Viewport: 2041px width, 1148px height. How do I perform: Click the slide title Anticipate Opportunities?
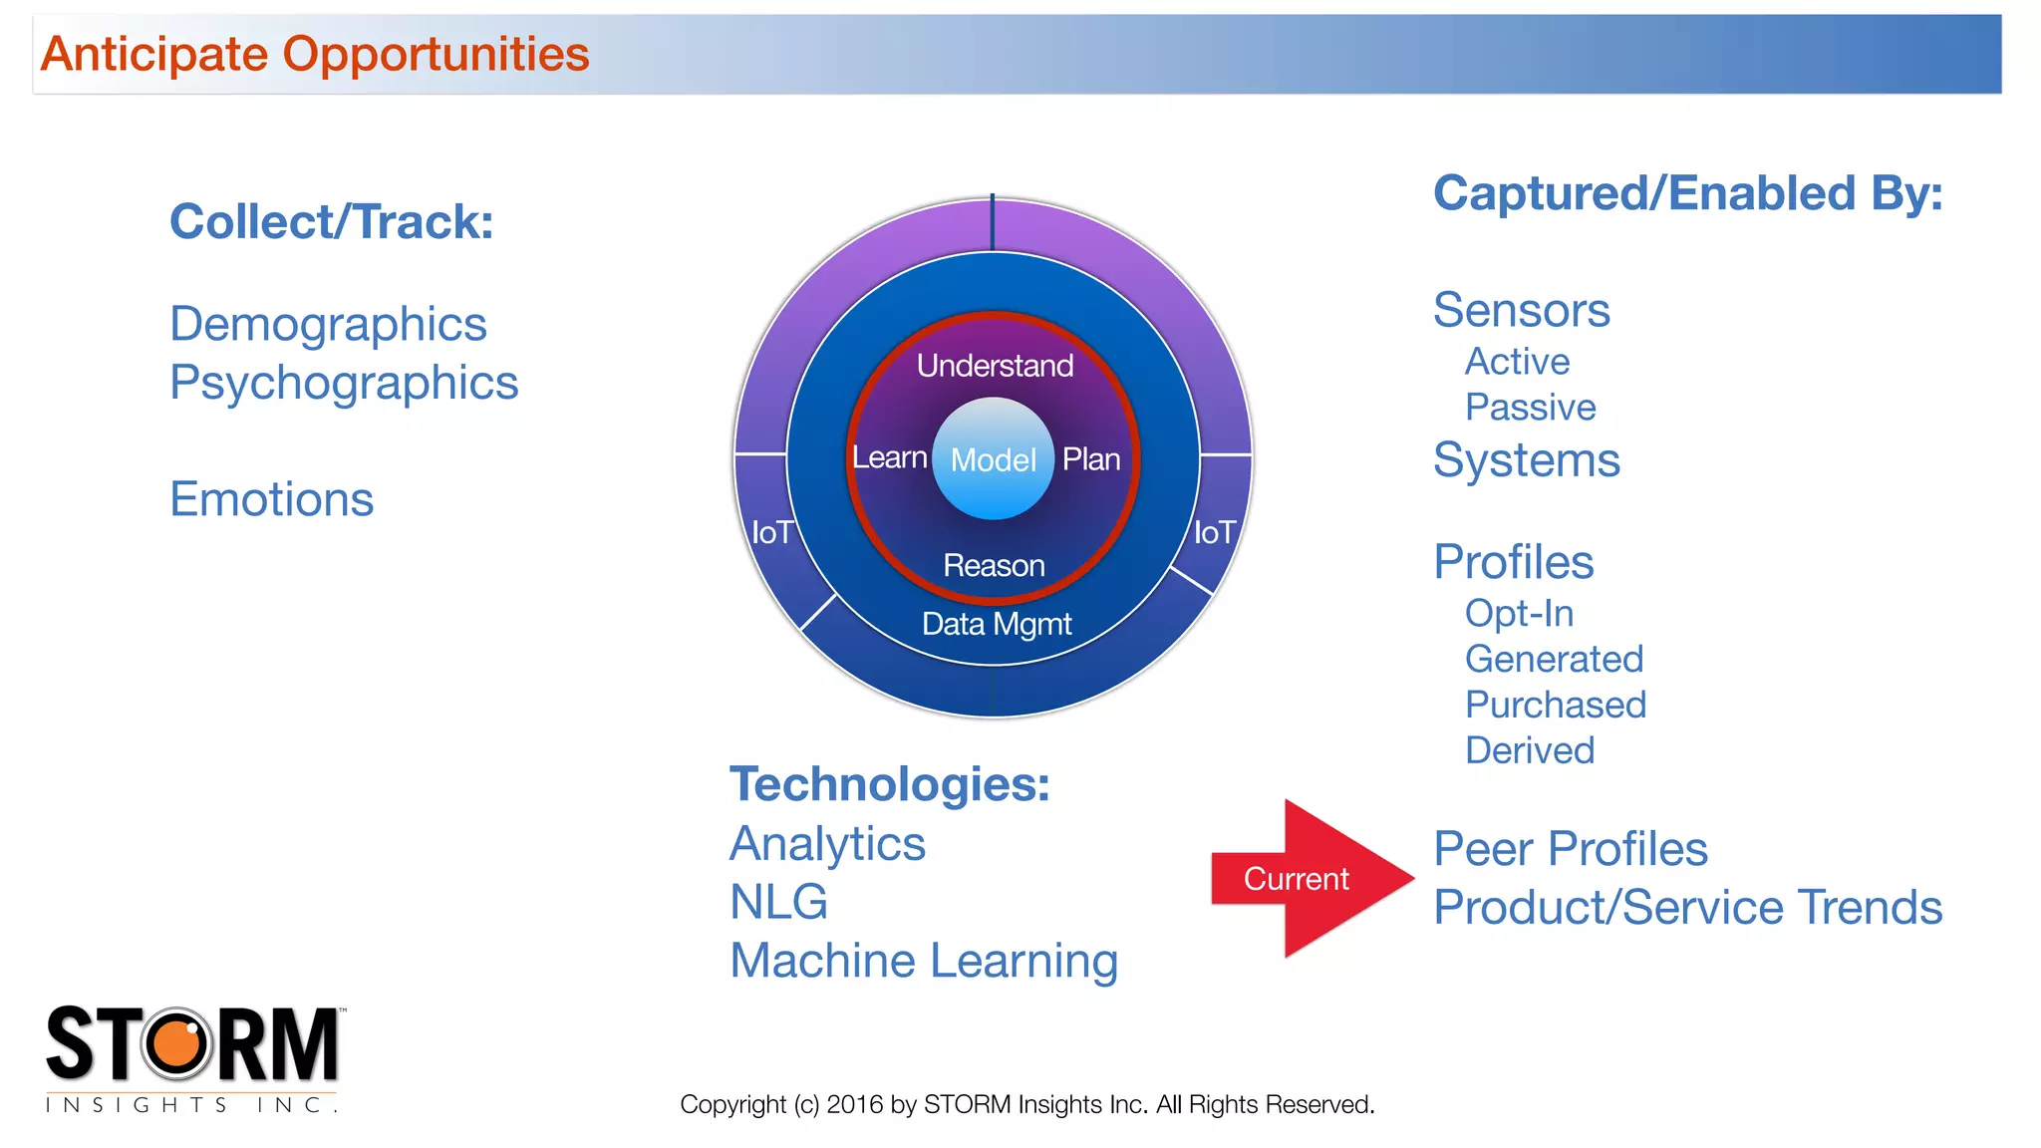[x=315, y=54]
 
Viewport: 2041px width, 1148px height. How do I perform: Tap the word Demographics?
[x=328, y=325]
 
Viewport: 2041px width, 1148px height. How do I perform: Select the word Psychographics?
[x=344, y=384]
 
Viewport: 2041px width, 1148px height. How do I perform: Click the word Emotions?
[x=271, y=499]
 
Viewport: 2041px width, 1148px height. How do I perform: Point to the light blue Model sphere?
[x=993, y=459]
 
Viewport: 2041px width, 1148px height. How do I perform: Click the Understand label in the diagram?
[x=995, y=366]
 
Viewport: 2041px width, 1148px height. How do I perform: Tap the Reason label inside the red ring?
[x=994, y=566]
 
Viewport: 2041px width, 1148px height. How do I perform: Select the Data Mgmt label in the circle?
[x=997, y=624]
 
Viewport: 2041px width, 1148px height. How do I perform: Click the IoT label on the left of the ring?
[x=772, y=532]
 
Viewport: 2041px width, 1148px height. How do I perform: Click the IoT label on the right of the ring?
[x=1215, y=532]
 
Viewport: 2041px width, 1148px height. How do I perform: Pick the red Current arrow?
[x=1306, y=879]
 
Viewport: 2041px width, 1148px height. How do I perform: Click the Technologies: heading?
[x=889, y=784]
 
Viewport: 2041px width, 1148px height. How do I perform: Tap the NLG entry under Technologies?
[x=778, y=902]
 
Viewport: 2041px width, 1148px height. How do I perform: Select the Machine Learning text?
[x=924, y=961]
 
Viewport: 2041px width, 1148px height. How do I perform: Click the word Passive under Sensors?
[x=1530, y=408]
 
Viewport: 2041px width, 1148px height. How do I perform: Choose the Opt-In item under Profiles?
[x=1519, y=614]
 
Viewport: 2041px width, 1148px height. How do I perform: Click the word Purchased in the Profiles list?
[x=1555, y=706]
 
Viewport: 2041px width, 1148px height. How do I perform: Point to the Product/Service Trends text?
[x=1687, y=908]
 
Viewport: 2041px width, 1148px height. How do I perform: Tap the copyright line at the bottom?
[x=1026, y=1104]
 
